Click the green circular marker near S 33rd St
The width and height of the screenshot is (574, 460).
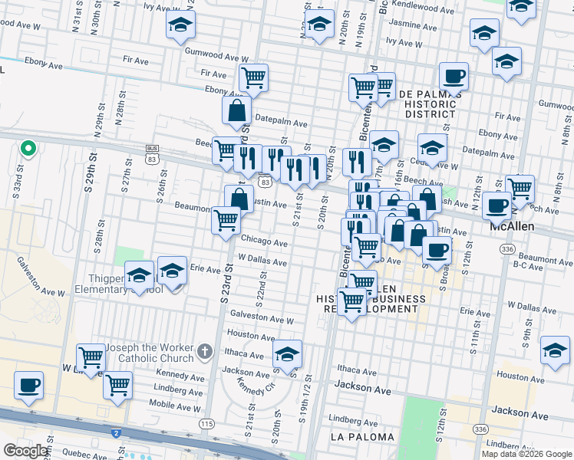pos(28,148)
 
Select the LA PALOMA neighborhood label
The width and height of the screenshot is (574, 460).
pos(361,437)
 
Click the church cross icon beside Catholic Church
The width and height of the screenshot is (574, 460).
pos(204,352)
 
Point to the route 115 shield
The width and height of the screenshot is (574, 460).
pos(206,424)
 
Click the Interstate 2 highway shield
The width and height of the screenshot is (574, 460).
pos(116,433)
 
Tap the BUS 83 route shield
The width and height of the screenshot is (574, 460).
pos(150,153)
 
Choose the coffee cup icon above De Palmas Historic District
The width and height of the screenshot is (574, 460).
pos(454,77)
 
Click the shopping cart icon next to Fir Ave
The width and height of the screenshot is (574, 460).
pos(252,77)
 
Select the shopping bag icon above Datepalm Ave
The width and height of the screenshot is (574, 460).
pos(237,110)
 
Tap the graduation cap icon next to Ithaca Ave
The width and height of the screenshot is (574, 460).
pos(288,354)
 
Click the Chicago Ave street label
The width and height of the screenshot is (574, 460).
pos(264,243)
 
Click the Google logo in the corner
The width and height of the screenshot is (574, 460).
pos(26,451)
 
